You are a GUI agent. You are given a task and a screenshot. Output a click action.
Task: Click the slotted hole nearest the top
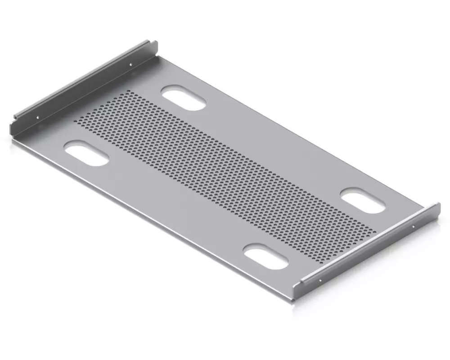click(x=184, y=98)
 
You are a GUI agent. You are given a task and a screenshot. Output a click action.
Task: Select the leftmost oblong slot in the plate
click(x=86, y=153)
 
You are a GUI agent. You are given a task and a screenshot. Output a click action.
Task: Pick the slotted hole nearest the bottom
click(x=266, y=257)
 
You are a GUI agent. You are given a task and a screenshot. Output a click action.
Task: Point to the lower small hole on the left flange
click(x=37, y=118)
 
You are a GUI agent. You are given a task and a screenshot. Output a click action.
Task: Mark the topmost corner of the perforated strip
click(x=129, y=91)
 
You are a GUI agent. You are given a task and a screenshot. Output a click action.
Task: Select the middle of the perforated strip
click(x=225, y=178)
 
